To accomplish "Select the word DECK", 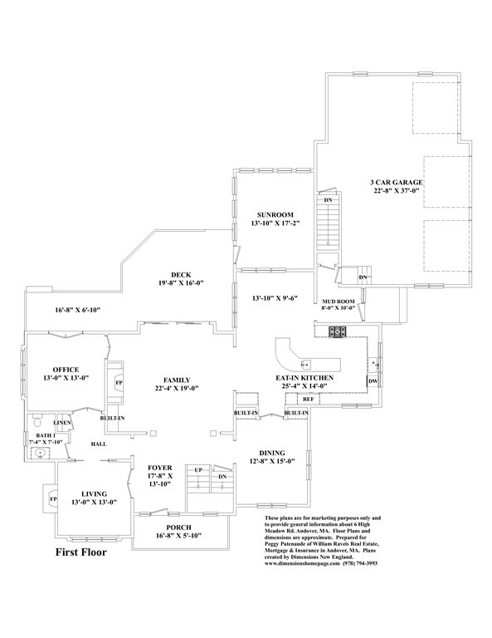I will [x=181, y=275].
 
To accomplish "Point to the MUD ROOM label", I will [x=338, y=301].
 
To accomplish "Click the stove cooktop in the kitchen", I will [x=338, y=332].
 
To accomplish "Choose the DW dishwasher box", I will [x=373, y=381].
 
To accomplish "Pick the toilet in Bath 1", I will [x=36, y=423].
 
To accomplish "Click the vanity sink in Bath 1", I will [x=39, y=454].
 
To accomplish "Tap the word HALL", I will [x=99, y=444].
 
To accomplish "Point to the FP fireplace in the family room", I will [x=118, y=382].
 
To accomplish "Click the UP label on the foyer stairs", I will [x=197, y=470].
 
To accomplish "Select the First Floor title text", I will [x=80, y=552].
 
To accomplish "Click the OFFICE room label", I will [x=66, y=369].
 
